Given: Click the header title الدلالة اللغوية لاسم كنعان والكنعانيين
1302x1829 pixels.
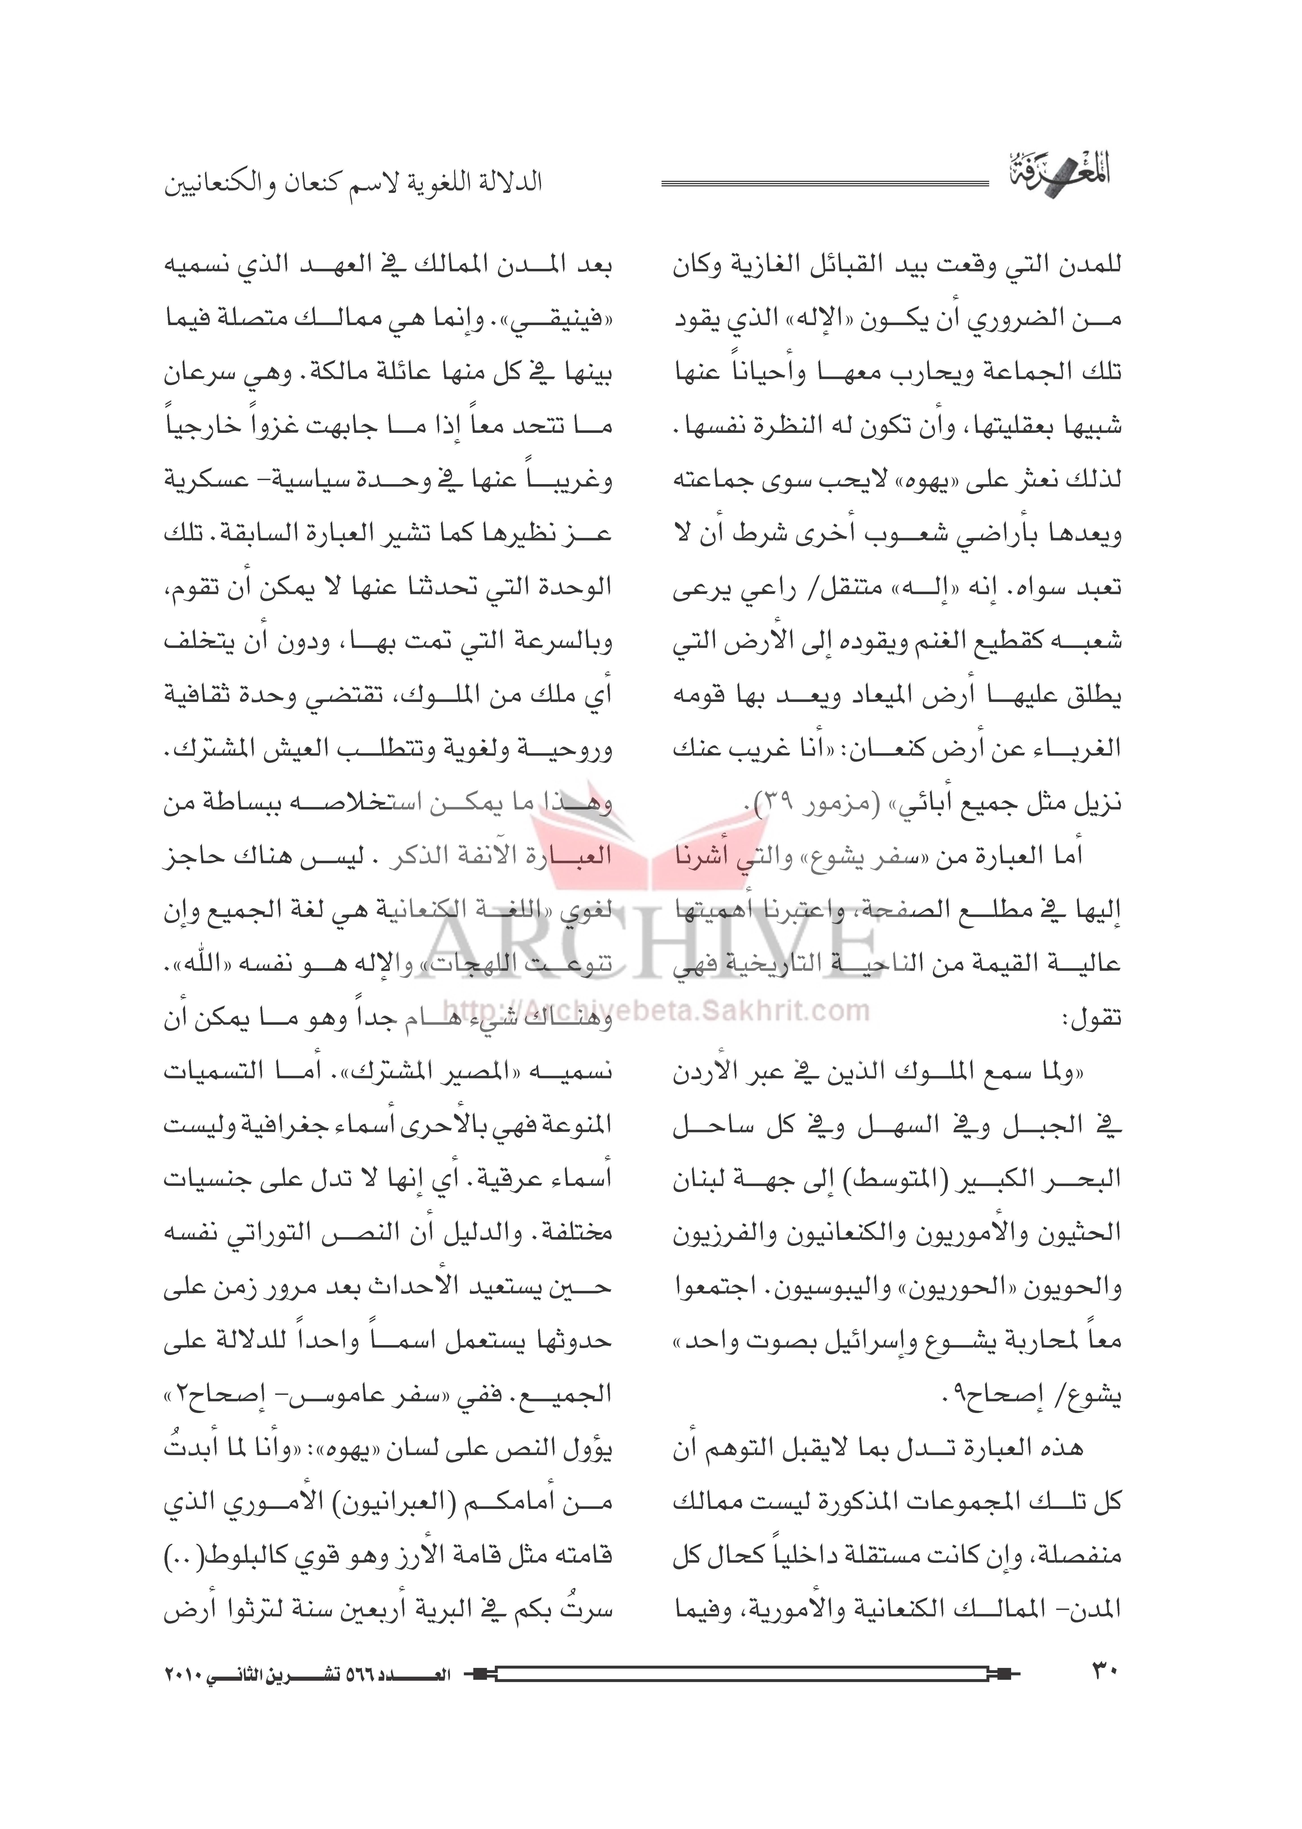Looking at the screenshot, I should tap(353, 183).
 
